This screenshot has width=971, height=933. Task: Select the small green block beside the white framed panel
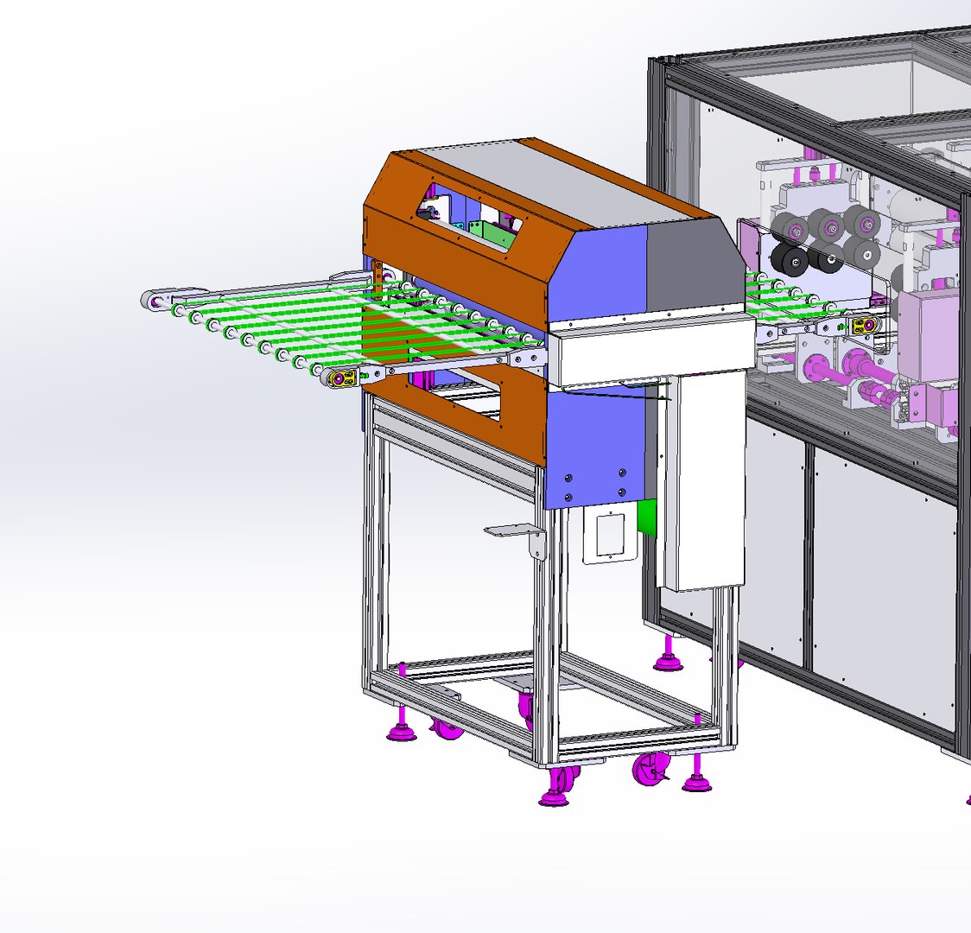(x=646, y=517)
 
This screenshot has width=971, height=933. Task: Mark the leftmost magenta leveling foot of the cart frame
(x=402, y=731)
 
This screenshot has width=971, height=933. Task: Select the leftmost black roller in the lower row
(x=789, y=258)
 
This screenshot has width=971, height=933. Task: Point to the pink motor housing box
(x=929, y=337)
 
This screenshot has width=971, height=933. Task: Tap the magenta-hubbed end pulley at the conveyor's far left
(x=155, y=301)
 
